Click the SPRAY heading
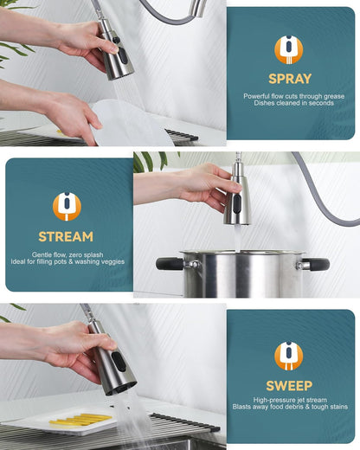tap(289, 79)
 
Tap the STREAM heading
tap(67, 236)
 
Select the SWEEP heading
tap(289, 385)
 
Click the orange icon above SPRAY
tap(289, 49)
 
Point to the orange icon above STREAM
tap(67, 207)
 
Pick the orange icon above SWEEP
tap(289, 356)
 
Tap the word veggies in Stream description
tap(107, 262)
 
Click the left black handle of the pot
tap(169, 263)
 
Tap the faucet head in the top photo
tap(116, 56)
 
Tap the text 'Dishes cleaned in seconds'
tap(289, 104)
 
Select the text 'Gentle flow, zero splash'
tap(67, 254)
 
